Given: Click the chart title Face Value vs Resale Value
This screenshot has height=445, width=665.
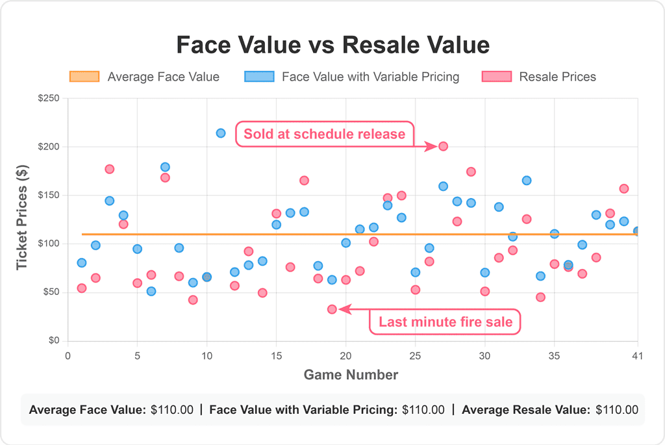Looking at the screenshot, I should click(x=332, y=45).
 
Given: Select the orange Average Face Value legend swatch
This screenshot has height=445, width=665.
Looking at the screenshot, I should click(x=84, y=77).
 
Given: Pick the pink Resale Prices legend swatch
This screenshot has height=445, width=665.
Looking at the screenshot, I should click(x=497, y=77).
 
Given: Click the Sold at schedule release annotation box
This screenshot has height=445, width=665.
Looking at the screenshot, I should click(x=324, y=134).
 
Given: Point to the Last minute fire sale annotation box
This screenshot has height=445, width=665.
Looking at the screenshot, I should click(x=445, y=322).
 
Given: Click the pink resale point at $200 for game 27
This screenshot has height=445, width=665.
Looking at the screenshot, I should click(x=443, y=146).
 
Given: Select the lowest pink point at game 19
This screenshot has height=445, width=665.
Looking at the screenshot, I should click(x=332, y=309).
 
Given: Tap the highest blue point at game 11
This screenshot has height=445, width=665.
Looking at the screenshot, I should click(x=221, y=133).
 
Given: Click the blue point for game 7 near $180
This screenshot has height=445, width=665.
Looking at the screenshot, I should click(x=165, y=167).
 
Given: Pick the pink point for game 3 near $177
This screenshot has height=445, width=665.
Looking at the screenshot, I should click(x=109, y=169).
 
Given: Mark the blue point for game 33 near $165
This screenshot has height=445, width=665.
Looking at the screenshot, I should click(x=527, y=181).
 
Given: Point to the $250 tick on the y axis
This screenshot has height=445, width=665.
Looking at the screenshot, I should click(x=49, y=99).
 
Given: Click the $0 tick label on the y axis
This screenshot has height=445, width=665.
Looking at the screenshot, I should click(x=54, y=340).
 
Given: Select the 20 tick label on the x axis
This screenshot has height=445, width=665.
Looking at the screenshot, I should click(x=345, y=356).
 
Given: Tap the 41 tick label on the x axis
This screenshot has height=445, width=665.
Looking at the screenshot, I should click(x=637, y=356).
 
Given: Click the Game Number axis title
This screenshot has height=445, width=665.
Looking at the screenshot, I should click(x=351, y=375).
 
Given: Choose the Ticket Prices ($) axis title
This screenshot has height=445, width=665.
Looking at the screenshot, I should click(x=23, y=220).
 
